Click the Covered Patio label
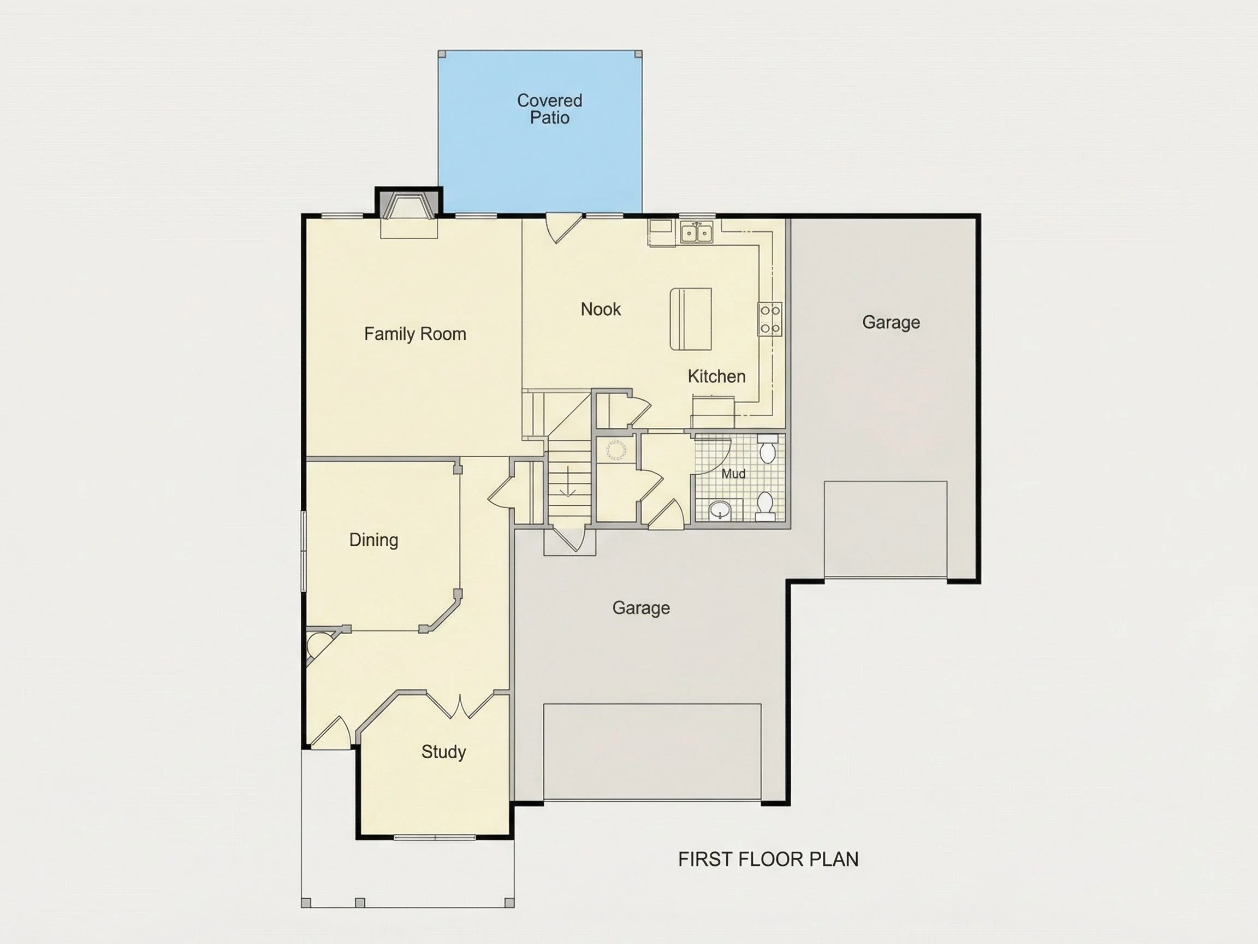click(x=549, y=109)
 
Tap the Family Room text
click(x=415, y=334)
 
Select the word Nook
click(x=601, y=309)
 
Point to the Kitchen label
click(x=716, y=376)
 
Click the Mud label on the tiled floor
click(x=734, y=474)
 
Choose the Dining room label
click(x=373, y=540)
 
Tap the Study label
click(x=443, y=752)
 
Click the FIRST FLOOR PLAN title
click(x=768, y=859)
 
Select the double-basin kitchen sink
click(x=697, y=233)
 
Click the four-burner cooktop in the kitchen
click(x=770, y=319)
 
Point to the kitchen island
click(x=690, y=318)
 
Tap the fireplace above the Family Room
click(x=408, y=206)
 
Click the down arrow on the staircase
click(x=568, y=481)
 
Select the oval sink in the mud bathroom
click(x=721, y=509)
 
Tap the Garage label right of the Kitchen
click(x=891, y=323)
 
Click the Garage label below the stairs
click(x=641, y=607)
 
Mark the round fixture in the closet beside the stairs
click(x=616, y=450)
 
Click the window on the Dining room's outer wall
click(x=304, y=551)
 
